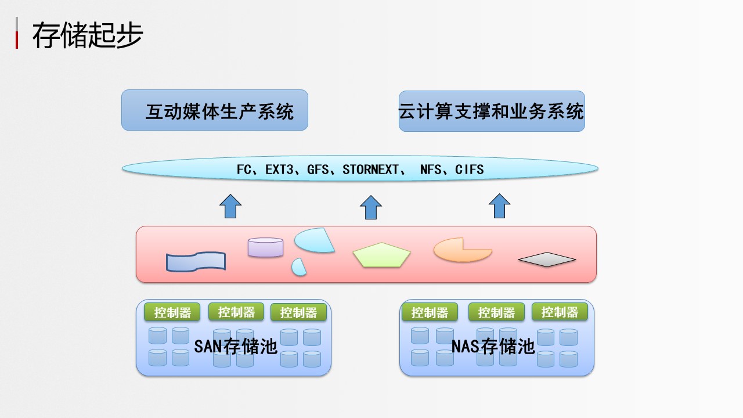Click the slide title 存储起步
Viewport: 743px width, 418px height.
pyautogui.click(x=88, y=34)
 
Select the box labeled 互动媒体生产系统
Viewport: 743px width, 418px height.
pyautogui.click(x=215, y=110)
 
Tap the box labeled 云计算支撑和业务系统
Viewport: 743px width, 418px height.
pyautogui.click(x=492, y=111)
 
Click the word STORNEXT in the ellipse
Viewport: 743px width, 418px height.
pyautogui.click(x=370, y=170)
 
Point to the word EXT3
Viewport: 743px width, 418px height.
pyautogui.click(x=279, y=170)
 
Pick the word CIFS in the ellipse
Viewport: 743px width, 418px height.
pyautogui.click(x=469, y=170)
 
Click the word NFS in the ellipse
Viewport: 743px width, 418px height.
pyautogui.click(x=431, y=170)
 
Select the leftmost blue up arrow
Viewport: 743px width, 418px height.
pyautogui.click(x=230, y=206)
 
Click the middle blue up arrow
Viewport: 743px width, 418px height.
pyautogui.click(x=371, y=207)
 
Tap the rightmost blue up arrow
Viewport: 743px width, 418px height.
pyautogui.click(x=499, y=206)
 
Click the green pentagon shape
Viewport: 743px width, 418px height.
pyautogui.click(x=382, y=255)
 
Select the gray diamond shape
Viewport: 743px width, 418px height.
pyautogui.click(x=547, y=260)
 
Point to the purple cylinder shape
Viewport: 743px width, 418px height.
pyautogui.click(x=265, y=247)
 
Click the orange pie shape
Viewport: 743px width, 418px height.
pyautogui.click(x=463, y=250)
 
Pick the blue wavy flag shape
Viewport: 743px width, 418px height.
pyautogui.click(x=196, y=262)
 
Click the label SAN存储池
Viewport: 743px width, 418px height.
pyautogui.click(x=236, y=347)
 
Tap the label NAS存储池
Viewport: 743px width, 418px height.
pyautogui.click(x=493, y=347)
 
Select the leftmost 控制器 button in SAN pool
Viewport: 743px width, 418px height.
pyautogui.click(x=172, y=312)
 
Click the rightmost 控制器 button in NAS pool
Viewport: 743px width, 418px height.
pyautogui.click(x=560, y=312)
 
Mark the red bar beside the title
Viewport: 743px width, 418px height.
pyautogui.click(x=17, y=40)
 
